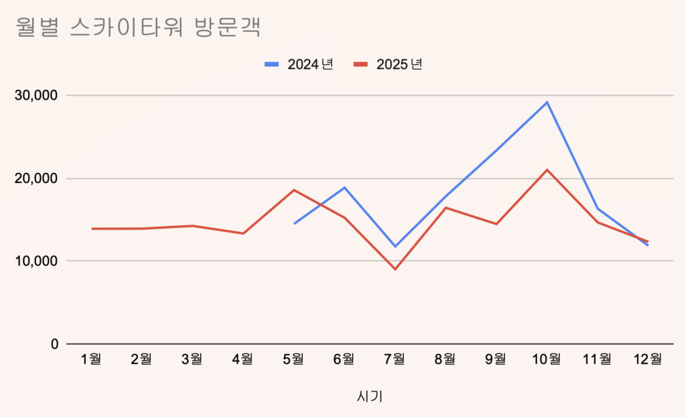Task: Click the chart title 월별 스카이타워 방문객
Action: point(137,29)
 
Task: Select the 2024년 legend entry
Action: point(299,64)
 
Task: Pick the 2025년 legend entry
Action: point(389,64)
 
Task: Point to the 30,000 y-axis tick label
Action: point(36,96)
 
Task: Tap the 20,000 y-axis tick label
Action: point(36,179)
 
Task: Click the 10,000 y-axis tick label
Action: point(36,261)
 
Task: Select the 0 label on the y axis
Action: point(54,344)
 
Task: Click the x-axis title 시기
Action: point(370,396)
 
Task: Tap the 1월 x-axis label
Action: point(91,359)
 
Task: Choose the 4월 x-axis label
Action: point(243,359)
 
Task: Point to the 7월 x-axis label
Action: point(395,359)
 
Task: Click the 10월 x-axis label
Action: point(546,359)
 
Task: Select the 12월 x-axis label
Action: point(647,359)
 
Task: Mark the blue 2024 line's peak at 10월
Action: point(547,102)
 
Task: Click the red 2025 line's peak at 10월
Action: point(547,170)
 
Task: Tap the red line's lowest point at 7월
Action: point(395,270)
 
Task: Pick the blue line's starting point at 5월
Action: point(294,223)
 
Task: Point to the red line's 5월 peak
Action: point(294,190)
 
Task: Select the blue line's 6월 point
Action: point(344,187)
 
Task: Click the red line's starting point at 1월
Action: point(92,229)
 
